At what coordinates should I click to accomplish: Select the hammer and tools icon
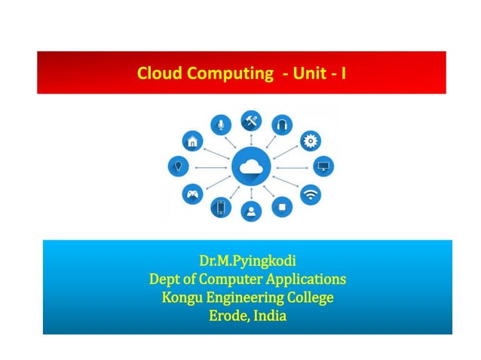(x=250, y=120)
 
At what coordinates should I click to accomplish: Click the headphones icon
(x=282, y=124)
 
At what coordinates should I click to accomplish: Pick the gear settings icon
(x=310, y=140)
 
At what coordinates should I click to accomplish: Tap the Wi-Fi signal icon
(x=310, y=194)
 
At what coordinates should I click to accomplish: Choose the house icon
(x=193, y=140)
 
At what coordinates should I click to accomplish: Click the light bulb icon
(x=178, y=166)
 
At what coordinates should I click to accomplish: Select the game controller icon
(x=193, y=194)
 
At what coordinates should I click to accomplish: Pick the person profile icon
(x=250, y=211)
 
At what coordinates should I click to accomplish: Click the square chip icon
(x=282, y=206)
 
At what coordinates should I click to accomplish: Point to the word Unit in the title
(x=307, y=74)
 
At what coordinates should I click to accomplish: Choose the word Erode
(x=226, y=316)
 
